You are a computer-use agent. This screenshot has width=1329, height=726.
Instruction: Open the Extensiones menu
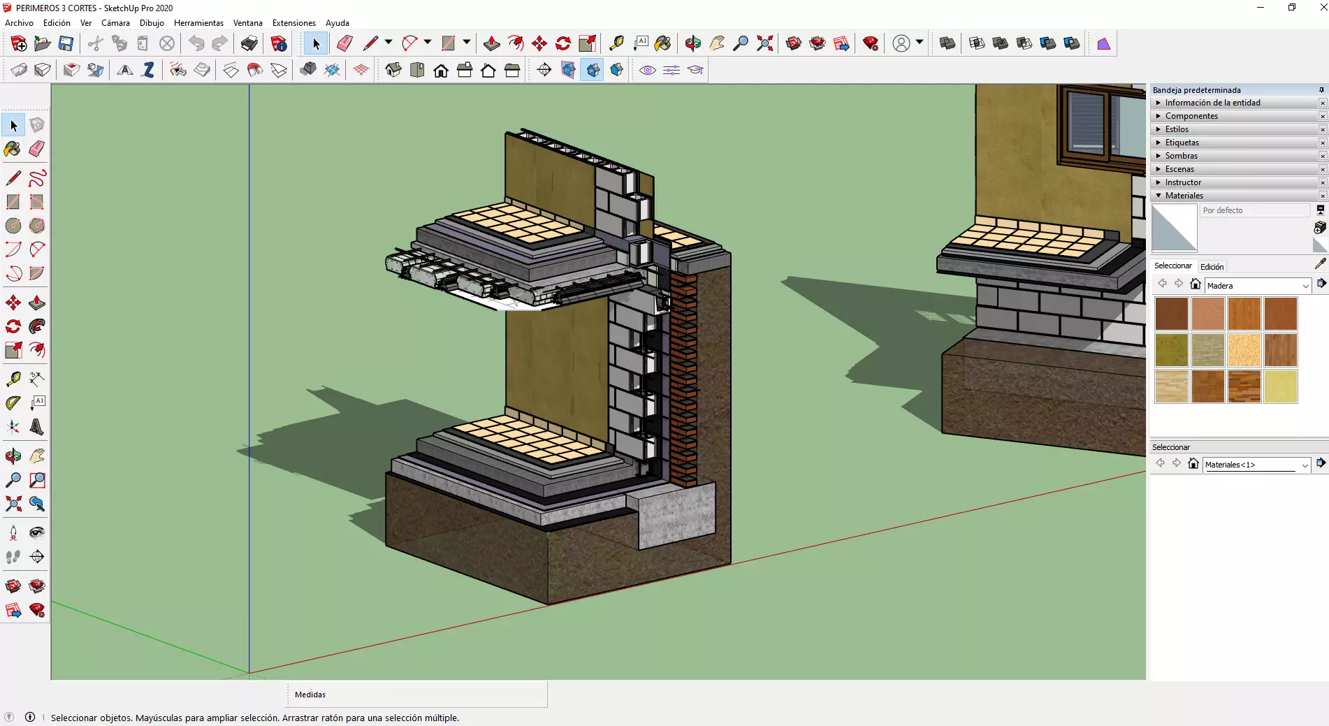click(293, 23)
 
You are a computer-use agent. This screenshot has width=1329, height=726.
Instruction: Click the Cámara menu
click(115, 23)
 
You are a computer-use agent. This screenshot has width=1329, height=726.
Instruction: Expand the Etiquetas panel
click(1182, 143)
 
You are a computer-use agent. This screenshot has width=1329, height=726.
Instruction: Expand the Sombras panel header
click(1181, 156)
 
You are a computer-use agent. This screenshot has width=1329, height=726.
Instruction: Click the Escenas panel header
click(1179, 169)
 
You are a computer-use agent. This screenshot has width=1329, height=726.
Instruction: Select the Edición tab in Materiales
click(1212, 267)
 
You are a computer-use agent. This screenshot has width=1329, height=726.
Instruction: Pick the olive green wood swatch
click(1172, 350)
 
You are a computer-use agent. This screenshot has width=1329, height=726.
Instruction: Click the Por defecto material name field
click(1254, 210)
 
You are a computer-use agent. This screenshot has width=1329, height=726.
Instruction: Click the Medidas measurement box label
click(310, 695)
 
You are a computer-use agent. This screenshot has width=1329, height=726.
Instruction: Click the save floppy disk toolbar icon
click(66, 43)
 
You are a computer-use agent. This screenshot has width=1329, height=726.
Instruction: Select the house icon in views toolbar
click(441, 70)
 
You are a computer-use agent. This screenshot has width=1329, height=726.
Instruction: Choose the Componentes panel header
click(1191, 116)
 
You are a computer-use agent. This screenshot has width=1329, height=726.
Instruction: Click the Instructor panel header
click(1182, 182)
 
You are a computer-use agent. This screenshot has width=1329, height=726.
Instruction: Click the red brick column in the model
click(683, 377)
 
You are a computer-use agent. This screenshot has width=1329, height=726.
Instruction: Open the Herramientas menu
click(198, 23)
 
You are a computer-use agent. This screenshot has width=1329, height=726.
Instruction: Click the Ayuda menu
click(337, 23)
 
